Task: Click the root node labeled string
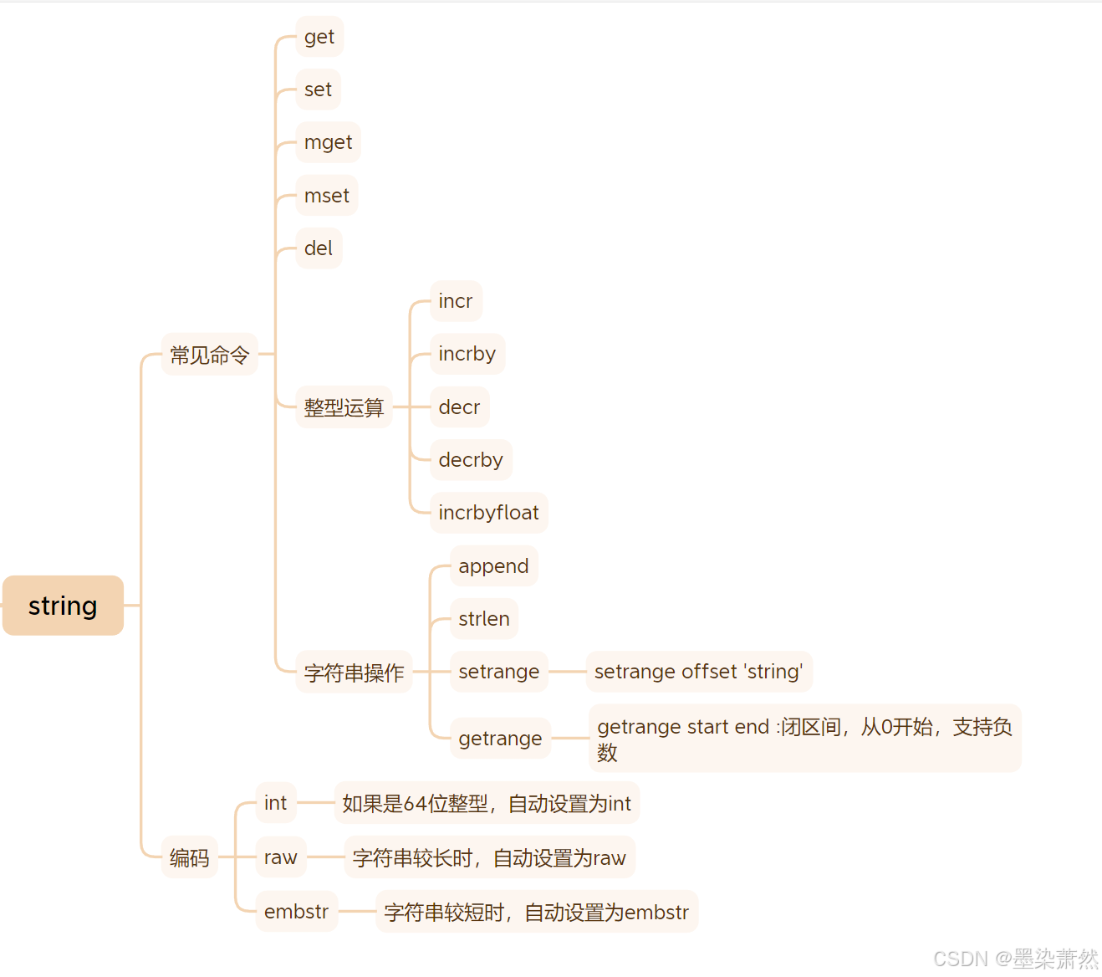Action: point(63,606)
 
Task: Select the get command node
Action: point(319,37)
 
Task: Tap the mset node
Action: point(327,196)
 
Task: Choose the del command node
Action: point(319,248)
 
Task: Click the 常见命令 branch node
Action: point(209,355)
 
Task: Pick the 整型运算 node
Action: point(344,407)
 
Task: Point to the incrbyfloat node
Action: point(488,513)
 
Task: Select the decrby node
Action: point(471,460)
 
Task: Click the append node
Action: point(493,566)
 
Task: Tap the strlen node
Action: point(484,619)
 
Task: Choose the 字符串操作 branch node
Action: point(354,672)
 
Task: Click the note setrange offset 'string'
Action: point(699,672)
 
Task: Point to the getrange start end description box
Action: point(804,739)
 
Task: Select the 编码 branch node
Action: point(189,857)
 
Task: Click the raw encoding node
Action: point(281,857)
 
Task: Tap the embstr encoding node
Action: point(296,912)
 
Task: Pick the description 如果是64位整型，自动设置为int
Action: point(487,803)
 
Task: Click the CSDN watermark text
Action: point(1015,959)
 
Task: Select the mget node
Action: point(328,142)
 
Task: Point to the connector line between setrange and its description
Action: point(567,672)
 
